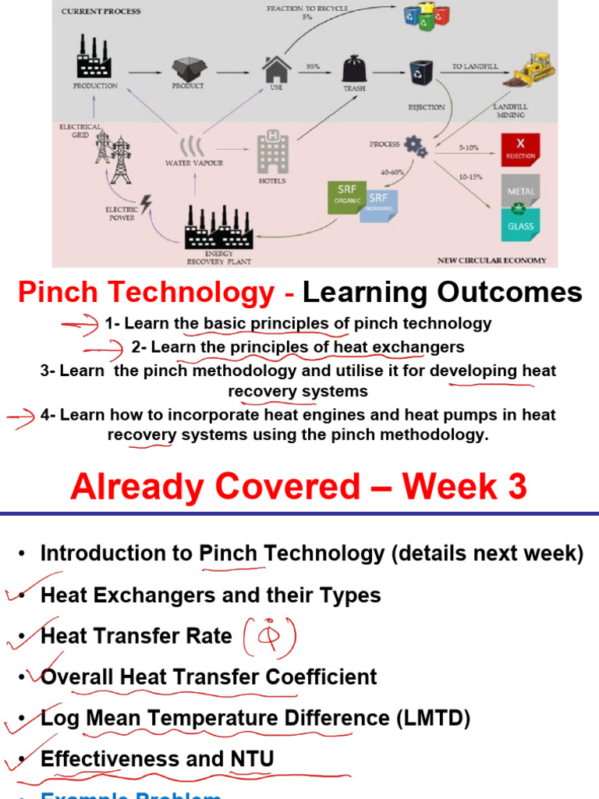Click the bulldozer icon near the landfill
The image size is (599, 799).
pos(533,69)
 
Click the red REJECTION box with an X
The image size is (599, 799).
pos(520,149)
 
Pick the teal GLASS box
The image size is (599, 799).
pos(520,227)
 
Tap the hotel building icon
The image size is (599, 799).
pos(272,152)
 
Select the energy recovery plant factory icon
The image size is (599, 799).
pos(218,227)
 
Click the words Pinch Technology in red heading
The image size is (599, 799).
pos(146,293)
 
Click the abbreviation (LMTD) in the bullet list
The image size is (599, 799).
pos(444,717)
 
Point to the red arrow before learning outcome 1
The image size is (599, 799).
pos(81,323)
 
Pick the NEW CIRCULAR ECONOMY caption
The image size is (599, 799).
pos(491,261)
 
